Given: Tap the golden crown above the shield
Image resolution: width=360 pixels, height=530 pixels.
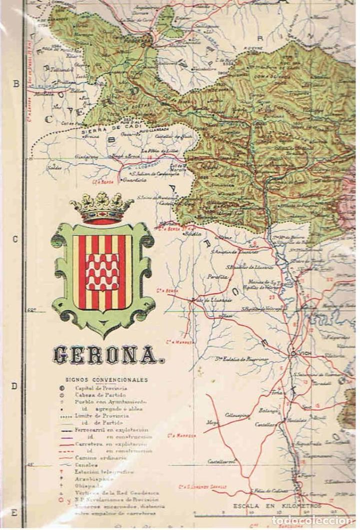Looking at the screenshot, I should [x=102, y=207].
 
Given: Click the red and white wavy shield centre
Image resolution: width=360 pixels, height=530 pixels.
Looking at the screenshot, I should [x=102, y=272].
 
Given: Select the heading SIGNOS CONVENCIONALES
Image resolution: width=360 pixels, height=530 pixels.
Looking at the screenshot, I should [x=106, y=380].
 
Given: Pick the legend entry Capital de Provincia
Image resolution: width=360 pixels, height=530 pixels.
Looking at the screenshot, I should [x=101, y=388].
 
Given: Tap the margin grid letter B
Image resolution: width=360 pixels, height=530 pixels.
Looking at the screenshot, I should [x=15, y=84].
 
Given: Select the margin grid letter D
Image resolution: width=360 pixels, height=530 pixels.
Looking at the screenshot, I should [x=15, y=386].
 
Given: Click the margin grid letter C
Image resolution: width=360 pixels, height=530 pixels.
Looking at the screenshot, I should [x=15, y=239].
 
